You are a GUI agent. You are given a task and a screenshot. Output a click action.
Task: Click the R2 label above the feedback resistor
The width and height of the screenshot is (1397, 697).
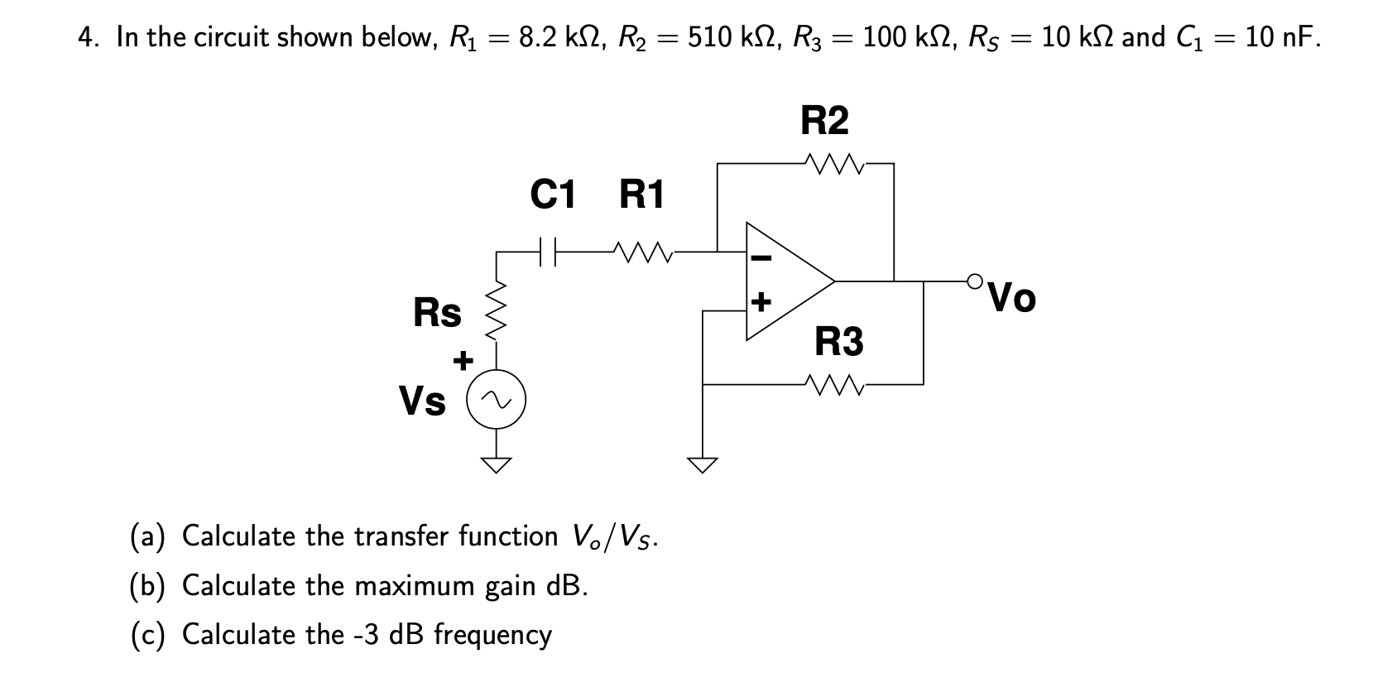coord(824,121)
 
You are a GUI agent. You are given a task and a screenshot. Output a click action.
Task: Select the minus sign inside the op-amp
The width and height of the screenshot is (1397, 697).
coord(761,257)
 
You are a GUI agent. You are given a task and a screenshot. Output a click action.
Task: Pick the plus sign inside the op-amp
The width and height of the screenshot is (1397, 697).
coord(761,300)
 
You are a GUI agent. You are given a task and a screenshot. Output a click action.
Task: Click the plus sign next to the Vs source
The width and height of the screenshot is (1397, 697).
coord(463,361)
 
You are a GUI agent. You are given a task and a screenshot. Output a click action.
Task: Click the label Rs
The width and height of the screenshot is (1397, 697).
coord(437,313)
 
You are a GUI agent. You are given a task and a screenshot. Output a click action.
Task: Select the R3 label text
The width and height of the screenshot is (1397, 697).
coord(838,341)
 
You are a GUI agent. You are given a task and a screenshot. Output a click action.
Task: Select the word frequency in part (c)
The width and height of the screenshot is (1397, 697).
coord(492,635)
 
